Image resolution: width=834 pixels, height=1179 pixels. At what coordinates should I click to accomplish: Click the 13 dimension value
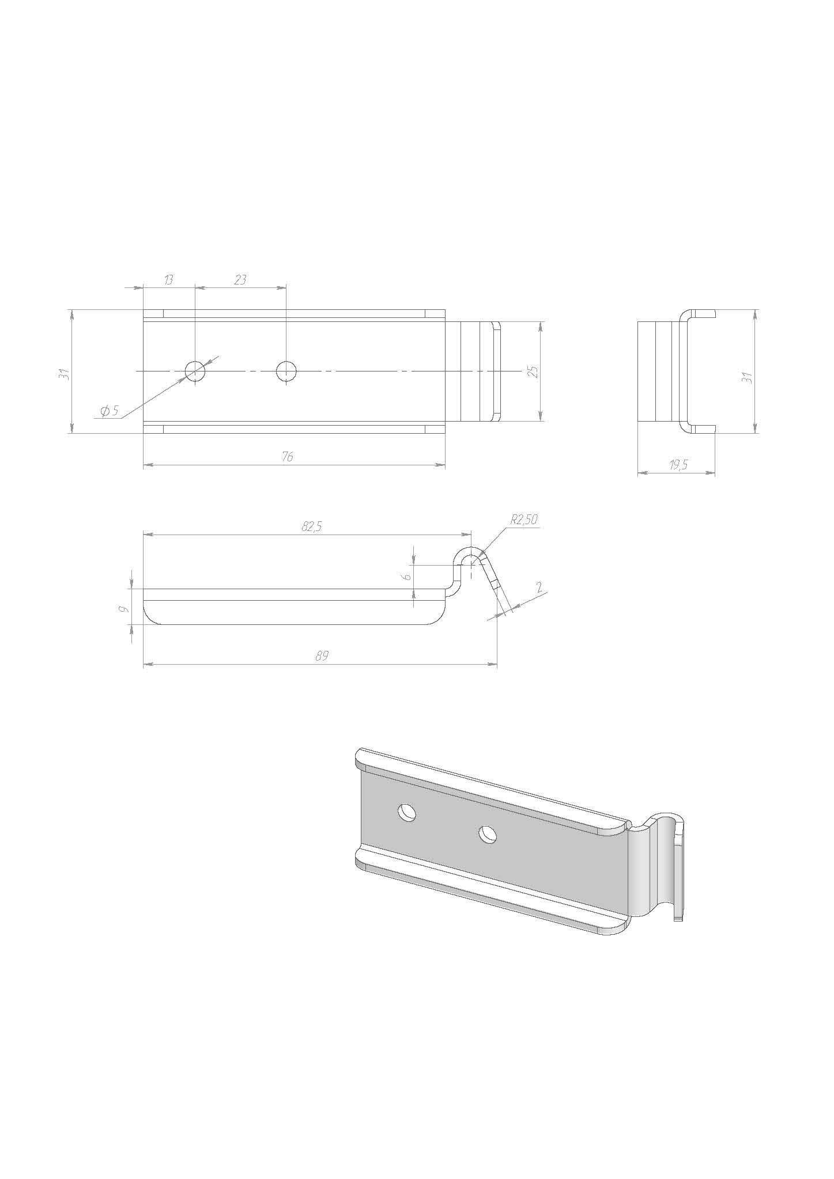[x=168, y=280]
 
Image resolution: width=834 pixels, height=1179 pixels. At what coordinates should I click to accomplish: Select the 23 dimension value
[x=240, y=280]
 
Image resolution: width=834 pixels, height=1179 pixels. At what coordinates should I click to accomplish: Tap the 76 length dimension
[x=288, y=457]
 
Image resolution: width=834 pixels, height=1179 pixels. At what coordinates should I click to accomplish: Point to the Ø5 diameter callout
[x=110, y=411]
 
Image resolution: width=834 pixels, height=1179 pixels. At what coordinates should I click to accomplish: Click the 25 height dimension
[x=533, y=371]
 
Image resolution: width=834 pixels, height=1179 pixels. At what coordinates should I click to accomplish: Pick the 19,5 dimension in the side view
[x=678, y=465]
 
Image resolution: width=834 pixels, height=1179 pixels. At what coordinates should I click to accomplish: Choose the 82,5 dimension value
[x=311, y=526]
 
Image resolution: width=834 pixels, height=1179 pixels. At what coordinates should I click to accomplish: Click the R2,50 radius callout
[x=524, y=519]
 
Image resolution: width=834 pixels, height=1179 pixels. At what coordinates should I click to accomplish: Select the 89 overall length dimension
[x=322, y=656]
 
